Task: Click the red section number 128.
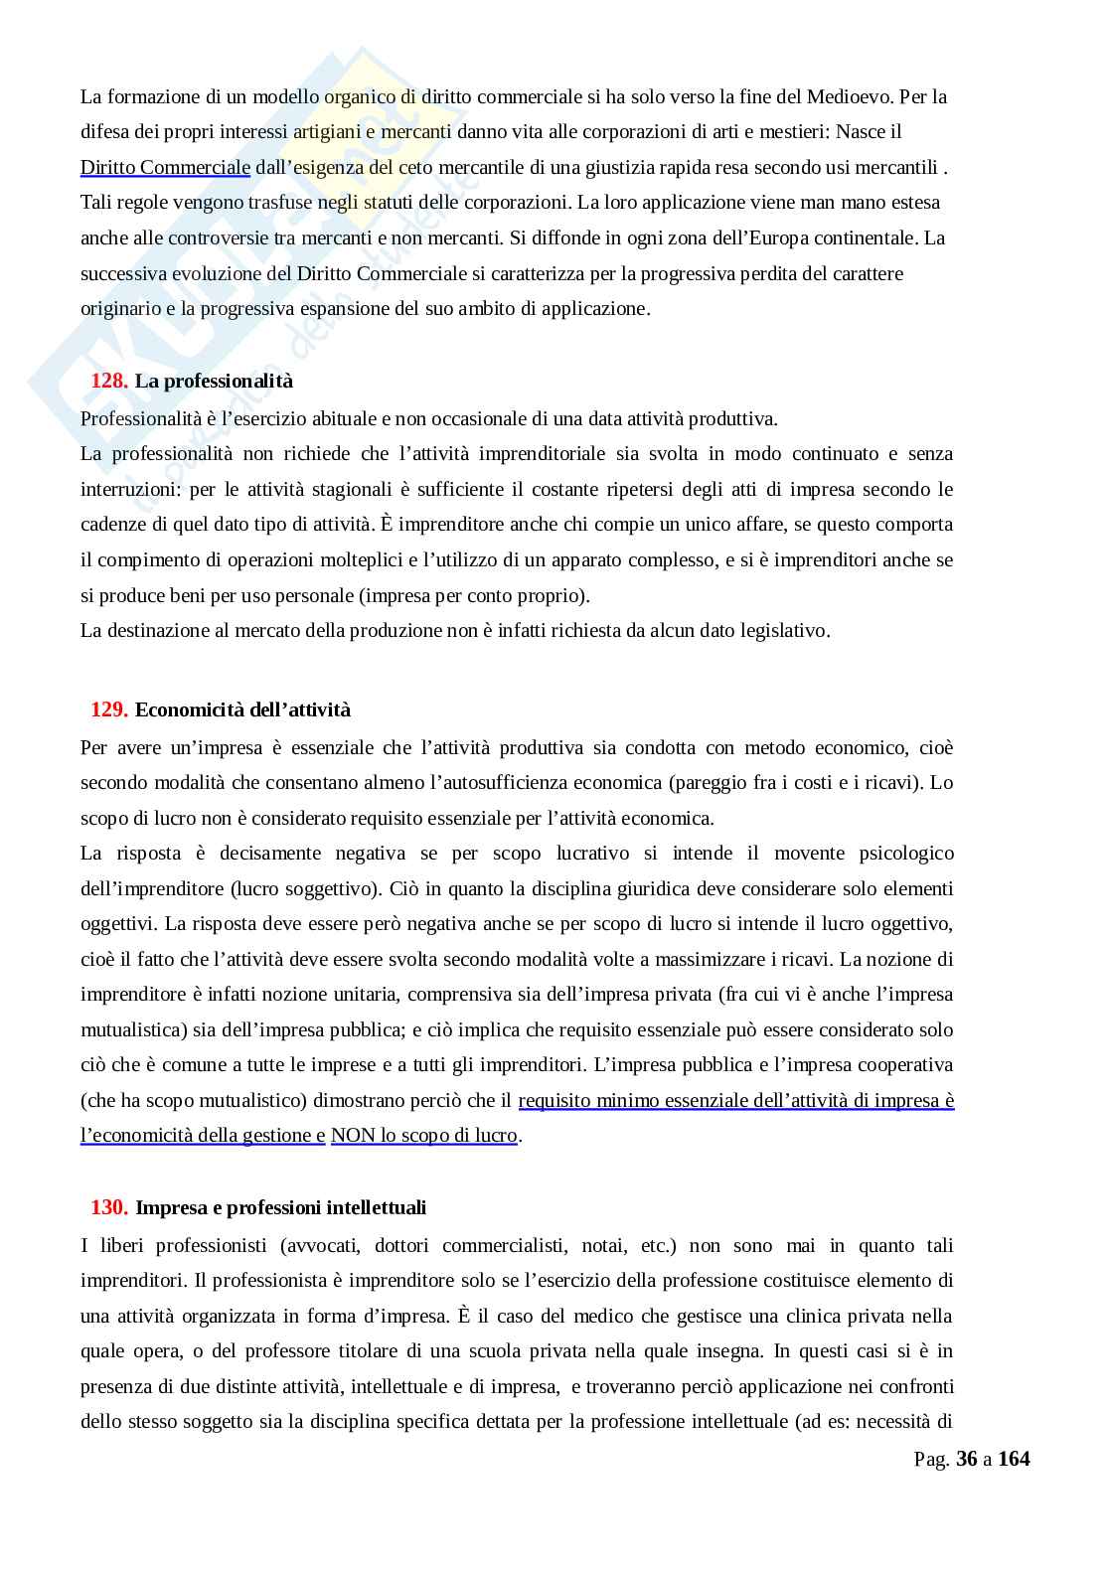tap(109, 382)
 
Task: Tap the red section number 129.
tap(109, 709)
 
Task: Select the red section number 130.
tap(109, 1207)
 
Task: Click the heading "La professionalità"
tap(214, 382)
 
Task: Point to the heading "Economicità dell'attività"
tap(242, 709)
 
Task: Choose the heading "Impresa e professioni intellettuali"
tap(280, 1207)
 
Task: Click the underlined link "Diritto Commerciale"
tap(165, 167)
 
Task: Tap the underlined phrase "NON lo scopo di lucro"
tap(423, 1135)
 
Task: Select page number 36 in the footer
tap(966, 1459)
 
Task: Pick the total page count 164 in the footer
tap(1014, 1459)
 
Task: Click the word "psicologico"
tap(904, 853)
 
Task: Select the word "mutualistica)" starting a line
tap(129, 1029)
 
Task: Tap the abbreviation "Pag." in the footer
tap(931, 1459)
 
